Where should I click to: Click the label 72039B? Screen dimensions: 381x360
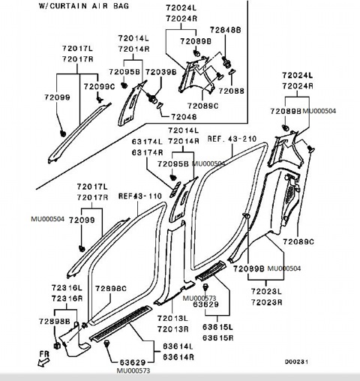pos(160,71)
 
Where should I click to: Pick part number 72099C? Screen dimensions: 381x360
pos(100,87)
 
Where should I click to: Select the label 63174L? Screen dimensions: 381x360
pos(148,141)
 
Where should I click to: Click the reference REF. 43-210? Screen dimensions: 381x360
pos(232,139)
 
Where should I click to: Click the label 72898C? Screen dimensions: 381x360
pos(112,288)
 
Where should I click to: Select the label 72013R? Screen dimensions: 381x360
pos(172,328)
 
